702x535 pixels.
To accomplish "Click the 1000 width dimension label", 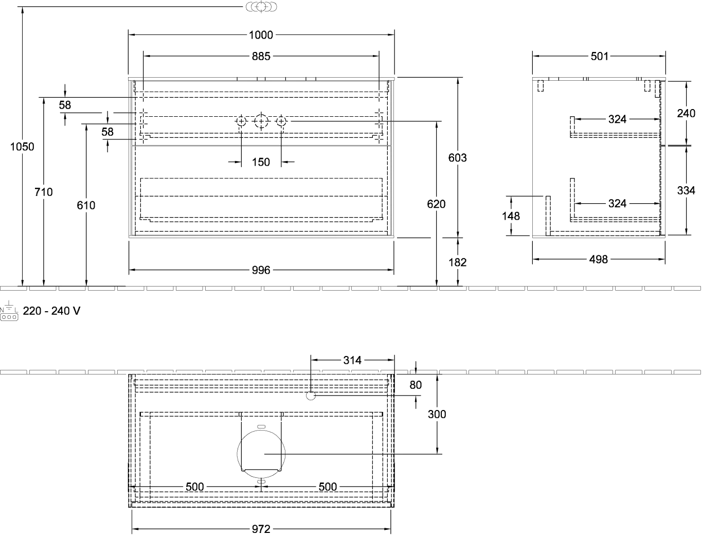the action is click(x=261, y=35).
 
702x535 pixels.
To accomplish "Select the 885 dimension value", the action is click(x=261, y=56).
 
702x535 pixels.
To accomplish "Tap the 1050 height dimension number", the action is click(x=22, y=147).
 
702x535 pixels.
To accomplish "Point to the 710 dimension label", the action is click(x=44, y=192).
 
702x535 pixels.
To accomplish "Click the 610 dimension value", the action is click(x=86, y=205).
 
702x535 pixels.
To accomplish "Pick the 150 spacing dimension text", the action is click(x=261, y=162).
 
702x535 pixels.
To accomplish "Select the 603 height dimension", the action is click(x=457, y=157).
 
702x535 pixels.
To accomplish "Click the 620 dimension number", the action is click(x=436, y=204).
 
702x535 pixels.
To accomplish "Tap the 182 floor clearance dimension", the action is click(x=457, y=262).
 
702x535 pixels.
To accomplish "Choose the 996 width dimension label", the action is click(x=261, y=270).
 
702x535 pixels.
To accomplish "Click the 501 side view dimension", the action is click(x=599, y=56).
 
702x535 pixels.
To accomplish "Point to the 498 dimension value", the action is click(x=599, y=259).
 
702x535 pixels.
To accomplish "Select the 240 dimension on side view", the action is click(x=686, y=113).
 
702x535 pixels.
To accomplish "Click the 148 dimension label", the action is click(x=511, y=216).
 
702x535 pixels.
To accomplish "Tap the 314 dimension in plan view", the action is click(x=352, y=361).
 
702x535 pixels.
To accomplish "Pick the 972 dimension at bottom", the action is click(x=261, y=529).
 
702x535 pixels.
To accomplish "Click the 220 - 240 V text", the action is click(x=51, y=311).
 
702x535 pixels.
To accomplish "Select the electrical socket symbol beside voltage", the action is click(x=9, y=311).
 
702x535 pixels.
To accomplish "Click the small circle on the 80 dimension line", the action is click(x=311, y=396).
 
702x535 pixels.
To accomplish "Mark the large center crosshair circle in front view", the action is click(x=261, y=121).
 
